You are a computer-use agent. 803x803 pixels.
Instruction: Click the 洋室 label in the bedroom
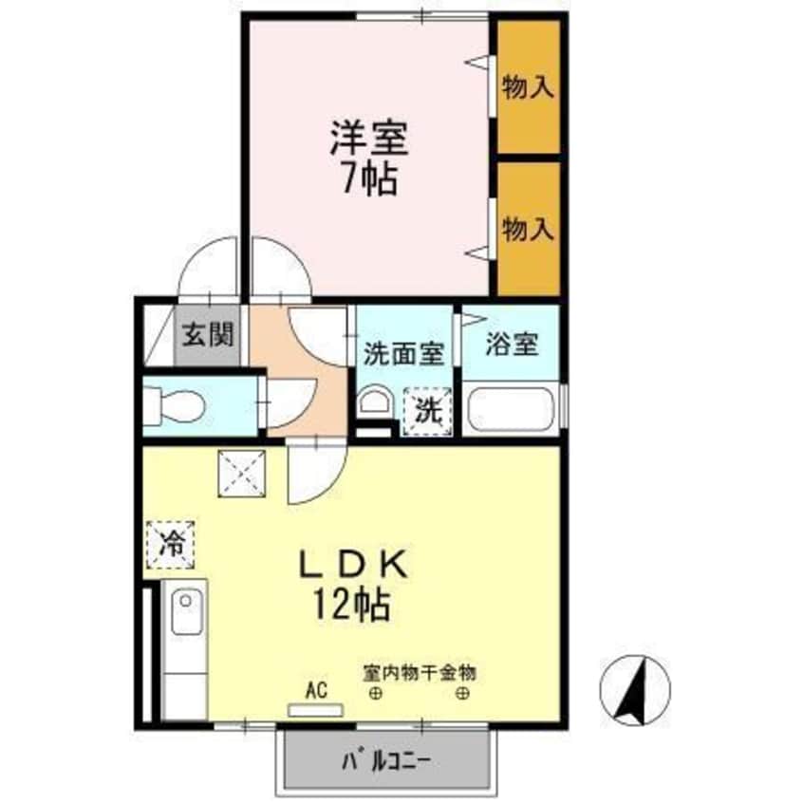pos(369,140)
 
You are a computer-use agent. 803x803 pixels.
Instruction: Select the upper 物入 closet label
pos(528,89)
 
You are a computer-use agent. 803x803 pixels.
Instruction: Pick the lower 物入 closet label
pos(528,229)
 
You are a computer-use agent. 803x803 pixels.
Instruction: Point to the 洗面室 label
pos(403,353)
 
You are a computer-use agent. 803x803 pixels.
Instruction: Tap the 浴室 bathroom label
pos(512,344)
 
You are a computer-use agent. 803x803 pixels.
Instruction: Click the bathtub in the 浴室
pos(511,408)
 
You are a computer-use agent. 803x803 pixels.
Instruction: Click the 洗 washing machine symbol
pos(425,411)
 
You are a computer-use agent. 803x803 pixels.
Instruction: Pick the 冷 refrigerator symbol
pos(171,546)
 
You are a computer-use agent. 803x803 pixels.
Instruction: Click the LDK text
pos(353,566)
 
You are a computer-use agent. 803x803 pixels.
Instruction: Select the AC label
pos(316,691)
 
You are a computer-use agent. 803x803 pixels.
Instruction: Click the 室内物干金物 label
pos(418,673)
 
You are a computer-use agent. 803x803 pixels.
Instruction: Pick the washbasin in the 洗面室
pos(374,402)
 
